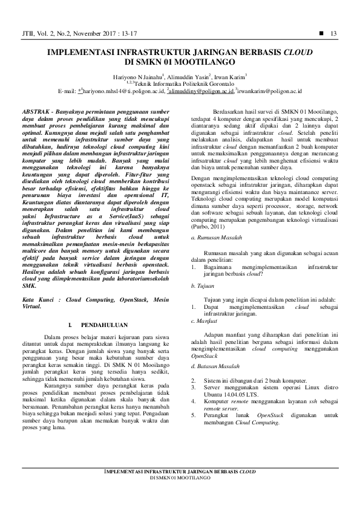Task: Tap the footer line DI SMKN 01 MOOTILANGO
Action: (180, 478)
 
